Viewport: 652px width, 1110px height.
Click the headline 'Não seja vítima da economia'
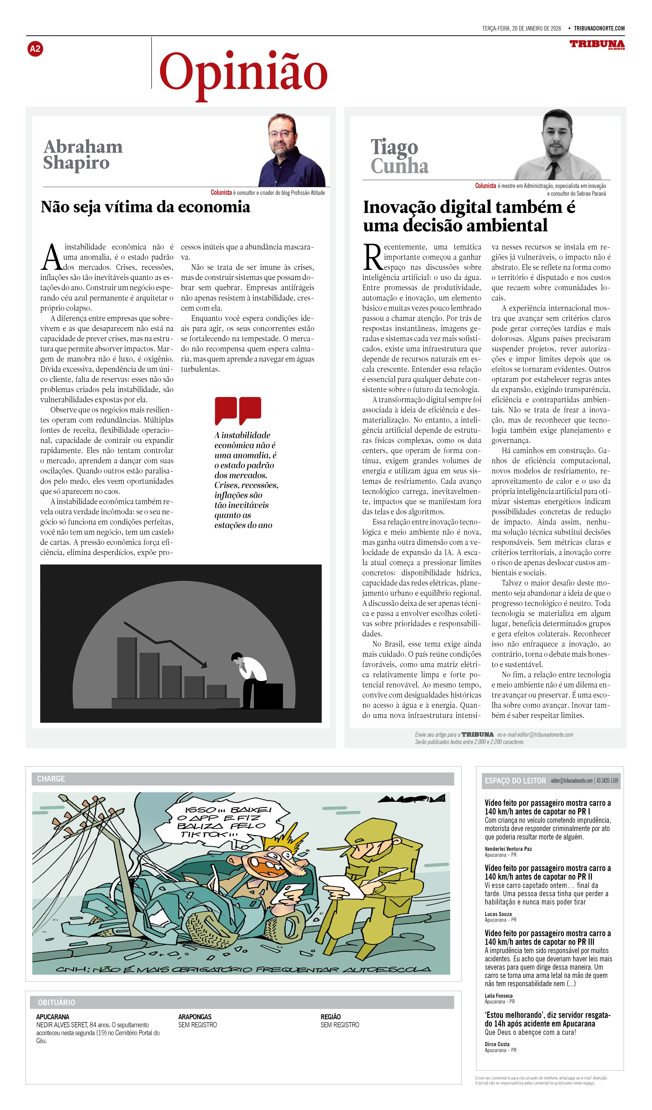tap(145, 207)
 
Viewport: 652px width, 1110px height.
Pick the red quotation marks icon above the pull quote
tap(238, 410)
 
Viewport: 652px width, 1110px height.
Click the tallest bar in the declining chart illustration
tap(127, 667)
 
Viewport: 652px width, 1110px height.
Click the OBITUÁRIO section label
tap(56, 1003)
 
